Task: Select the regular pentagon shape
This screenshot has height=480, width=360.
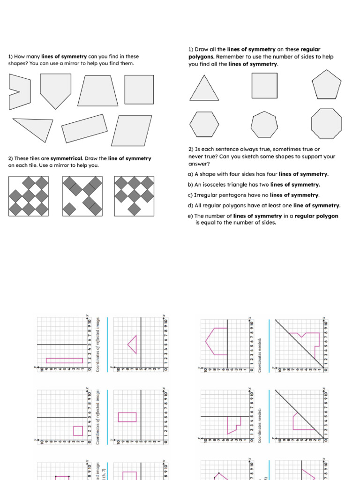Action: point(327,85)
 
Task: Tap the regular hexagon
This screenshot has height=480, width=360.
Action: point(204,125)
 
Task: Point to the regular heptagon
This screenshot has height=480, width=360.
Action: point(265,125)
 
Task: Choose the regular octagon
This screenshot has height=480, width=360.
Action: point(326,124)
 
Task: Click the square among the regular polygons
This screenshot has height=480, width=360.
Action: point(264,85)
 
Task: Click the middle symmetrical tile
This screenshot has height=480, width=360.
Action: point(82,196)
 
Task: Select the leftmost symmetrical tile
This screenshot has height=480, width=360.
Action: point(29,196)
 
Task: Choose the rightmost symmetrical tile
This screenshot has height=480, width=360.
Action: point(135,196)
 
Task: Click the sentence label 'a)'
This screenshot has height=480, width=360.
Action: point(190,174)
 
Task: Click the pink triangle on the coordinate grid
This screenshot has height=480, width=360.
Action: point(133,345)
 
